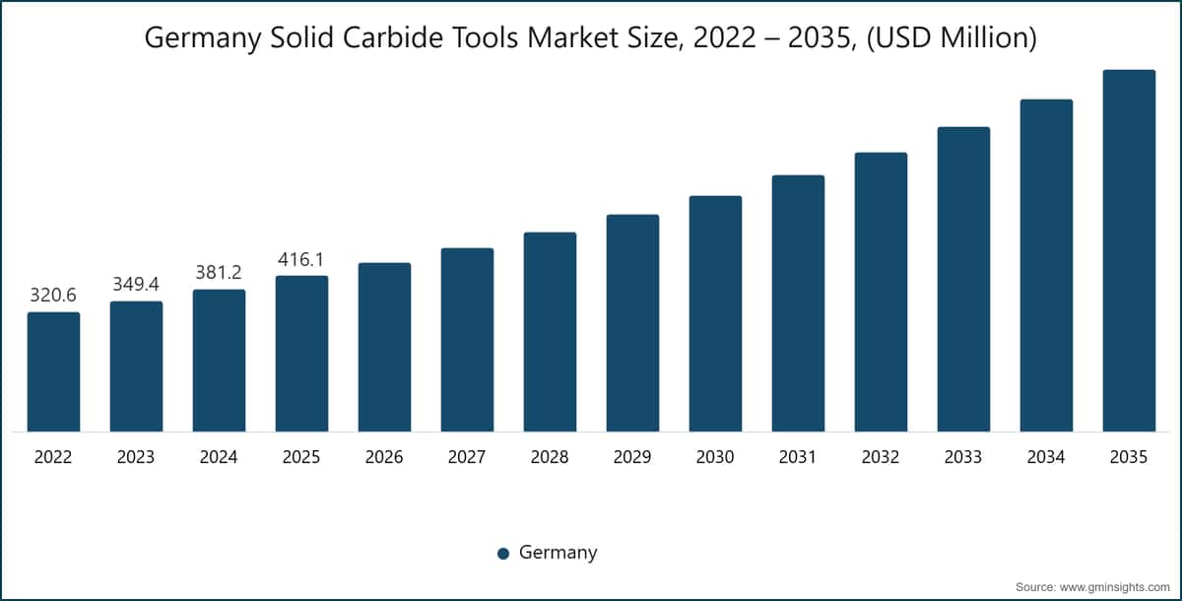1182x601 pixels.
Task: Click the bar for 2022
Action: [x=53, y=371]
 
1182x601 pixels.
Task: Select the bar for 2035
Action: [x=1129, y=250]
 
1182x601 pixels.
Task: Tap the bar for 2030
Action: [x=715, y=313]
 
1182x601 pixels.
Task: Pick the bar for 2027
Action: [x=467, y=339]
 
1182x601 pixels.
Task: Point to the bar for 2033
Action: [x=963, y=279]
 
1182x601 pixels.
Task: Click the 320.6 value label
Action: [x=53, y=296]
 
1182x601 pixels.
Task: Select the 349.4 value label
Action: [x=136, y=285]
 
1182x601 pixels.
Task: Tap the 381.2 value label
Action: [x=219, y=273]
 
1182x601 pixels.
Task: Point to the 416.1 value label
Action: [x=301, y=259]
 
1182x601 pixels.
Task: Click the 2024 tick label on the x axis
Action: [x=219, y=457]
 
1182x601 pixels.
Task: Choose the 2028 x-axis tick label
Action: [x=550, y=457]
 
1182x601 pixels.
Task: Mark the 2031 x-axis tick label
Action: [x=798, y=457]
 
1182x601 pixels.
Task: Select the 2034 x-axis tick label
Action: [x=1046, y=457]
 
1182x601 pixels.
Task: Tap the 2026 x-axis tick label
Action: [x=384, y=457]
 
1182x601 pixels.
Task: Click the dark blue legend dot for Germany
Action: [x=503, y=553]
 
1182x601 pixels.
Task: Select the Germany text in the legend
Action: [x=558, y=553]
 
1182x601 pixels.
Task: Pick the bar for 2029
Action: [x=632, y=323]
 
